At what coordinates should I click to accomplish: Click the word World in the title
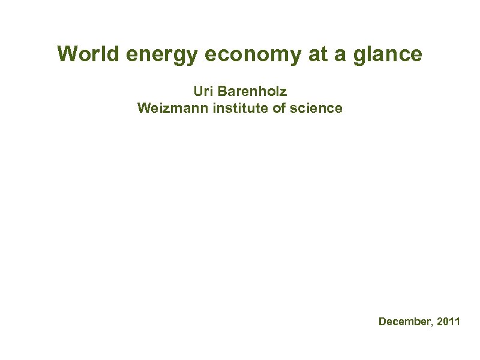click(x=83, y=55)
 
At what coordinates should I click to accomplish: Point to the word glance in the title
click(x=391, y=55)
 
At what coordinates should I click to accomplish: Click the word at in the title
click(x=318, y=55)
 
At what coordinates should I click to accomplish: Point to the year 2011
click(x=449, y=322)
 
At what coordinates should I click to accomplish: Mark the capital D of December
click(x=382, y=322)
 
